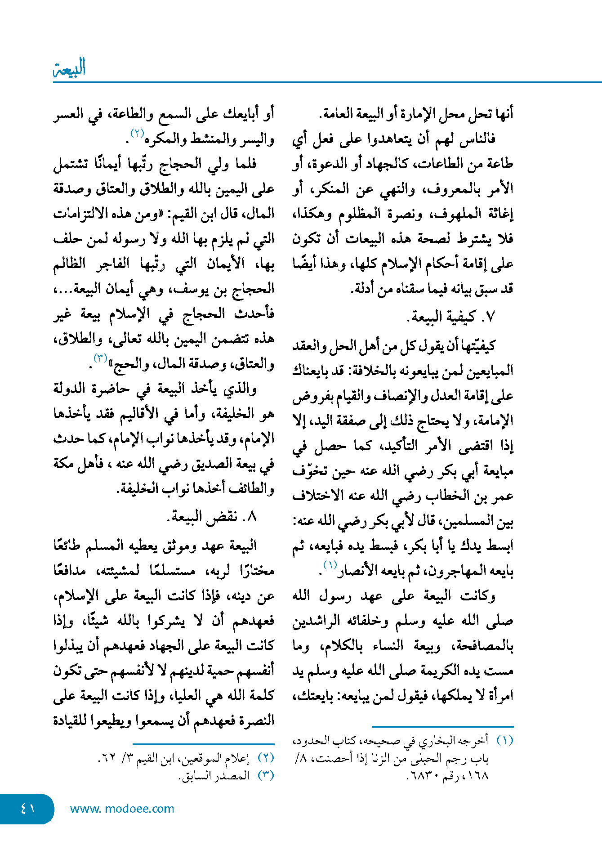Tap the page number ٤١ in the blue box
click(27, 808)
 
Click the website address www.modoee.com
click(122, 809)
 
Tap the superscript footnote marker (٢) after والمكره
click(137, 133)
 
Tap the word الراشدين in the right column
click(315, 621)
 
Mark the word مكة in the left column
click(65, 464)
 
